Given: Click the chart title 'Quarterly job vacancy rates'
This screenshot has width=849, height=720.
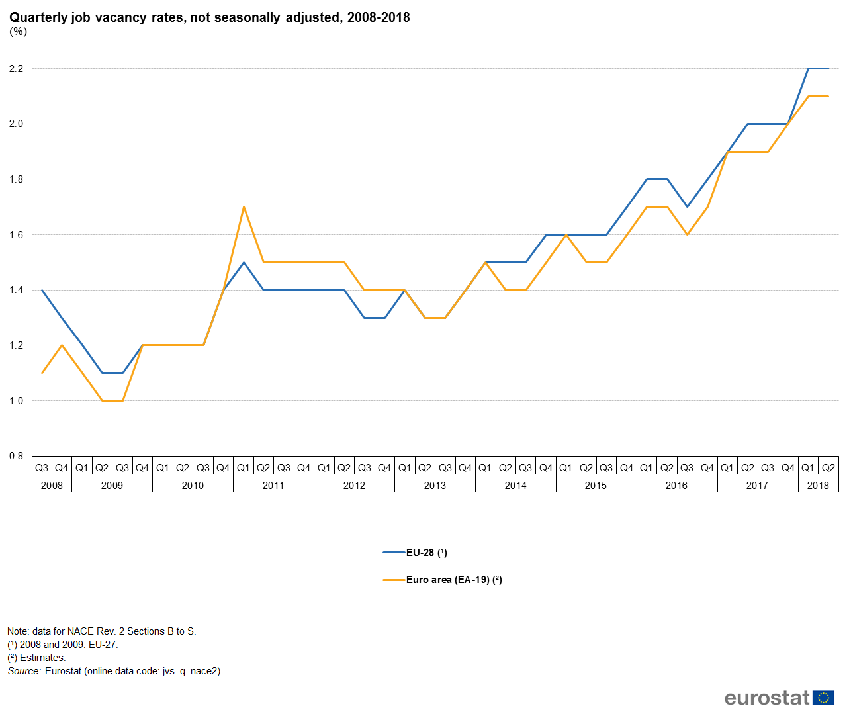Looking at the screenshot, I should (209, 17).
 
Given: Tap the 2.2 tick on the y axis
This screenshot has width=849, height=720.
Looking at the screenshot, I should (16, 69).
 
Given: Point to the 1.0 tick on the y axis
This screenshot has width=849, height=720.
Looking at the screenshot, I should (16, 401).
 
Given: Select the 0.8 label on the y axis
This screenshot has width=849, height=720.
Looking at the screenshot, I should (16, 456).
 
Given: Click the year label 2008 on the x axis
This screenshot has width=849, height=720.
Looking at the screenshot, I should (52, 486).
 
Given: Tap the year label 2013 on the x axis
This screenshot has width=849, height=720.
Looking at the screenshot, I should (435, 486).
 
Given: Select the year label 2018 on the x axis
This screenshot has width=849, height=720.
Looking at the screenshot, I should (818, 486).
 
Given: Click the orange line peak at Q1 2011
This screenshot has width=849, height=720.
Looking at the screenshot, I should (244, 206).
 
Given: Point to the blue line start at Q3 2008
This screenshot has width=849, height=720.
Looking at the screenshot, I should (42, 290).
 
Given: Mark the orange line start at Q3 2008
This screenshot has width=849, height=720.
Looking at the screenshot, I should (42, 373).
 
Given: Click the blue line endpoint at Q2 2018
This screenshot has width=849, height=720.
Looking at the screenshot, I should (828, 69).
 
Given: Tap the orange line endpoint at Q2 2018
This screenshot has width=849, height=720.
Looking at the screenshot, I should (828, 97).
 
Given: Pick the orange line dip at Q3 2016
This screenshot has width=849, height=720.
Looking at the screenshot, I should (687, 234).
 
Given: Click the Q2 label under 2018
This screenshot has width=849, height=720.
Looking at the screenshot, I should (828, 468).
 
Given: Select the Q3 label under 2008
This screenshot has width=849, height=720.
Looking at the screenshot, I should (42, 468).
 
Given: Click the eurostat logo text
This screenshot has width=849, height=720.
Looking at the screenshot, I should (767, 697).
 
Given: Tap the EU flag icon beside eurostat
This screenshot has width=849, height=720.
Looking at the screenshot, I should (824, 697).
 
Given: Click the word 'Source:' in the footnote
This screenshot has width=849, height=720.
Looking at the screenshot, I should (24, 671).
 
